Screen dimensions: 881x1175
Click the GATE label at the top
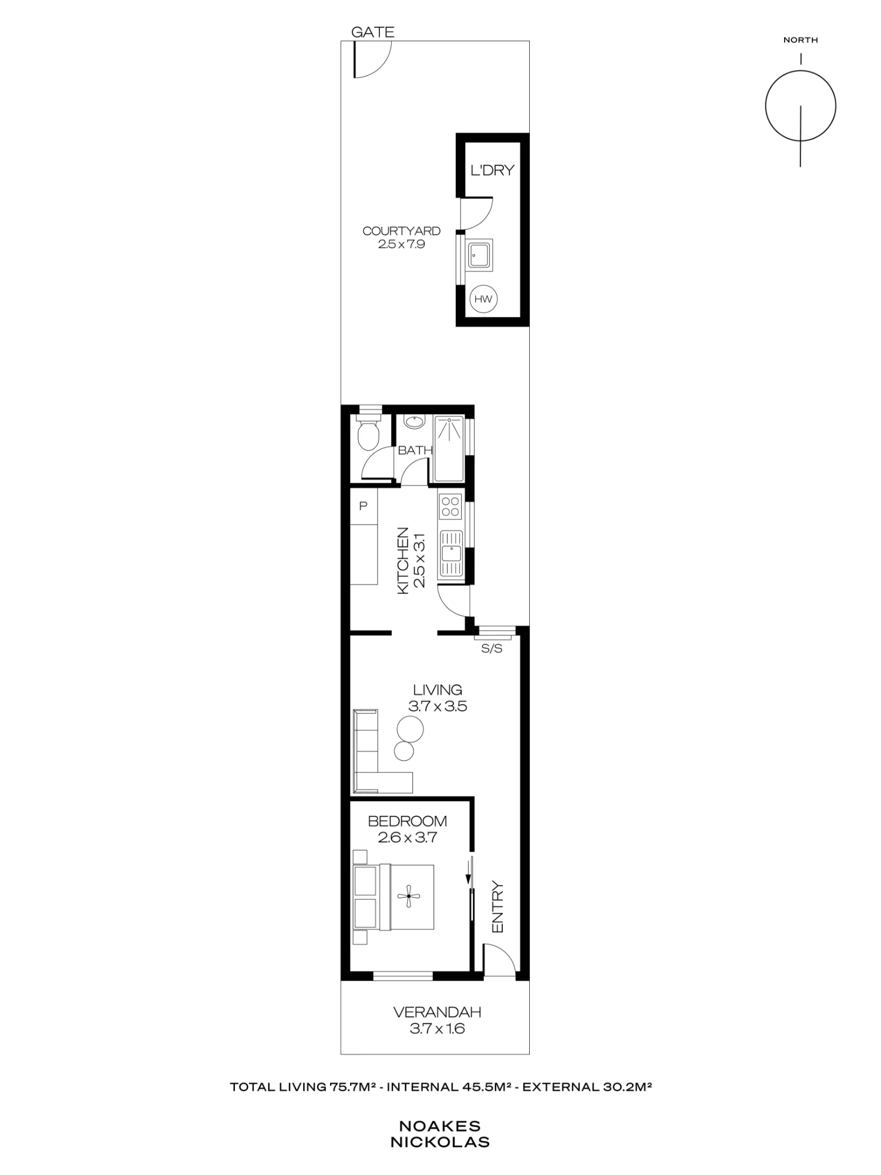tap(372, 32)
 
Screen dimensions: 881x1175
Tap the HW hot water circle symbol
tap(483, 299)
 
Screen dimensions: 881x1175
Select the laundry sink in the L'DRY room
tap(480, 255)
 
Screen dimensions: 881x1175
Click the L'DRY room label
tap(492, 170)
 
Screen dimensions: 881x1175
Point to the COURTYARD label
tap(401, 231)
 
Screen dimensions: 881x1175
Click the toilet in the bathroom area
tap(369, 434)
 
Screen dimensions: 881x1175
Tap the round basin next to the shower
tap(415, 422)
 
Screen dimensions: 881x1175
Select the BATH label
tap(415, 451)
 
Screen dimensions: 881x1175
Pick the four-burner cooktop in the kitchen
tap(450, 506)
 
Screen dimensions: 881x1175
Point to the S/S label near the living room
tap(492, 649)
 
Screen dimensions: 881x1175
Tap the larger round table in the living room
tap(409, 729)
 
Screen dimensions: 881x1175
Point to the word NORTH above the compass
tap(801, 40)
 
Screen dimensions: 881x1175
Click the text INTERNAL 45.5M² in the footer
tap(449, 1087)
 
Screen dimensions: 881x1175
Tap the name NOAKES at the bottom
tap(440, 1126)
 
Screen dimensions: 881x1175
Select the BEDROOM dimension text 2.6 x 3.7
tap(407, 837)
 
